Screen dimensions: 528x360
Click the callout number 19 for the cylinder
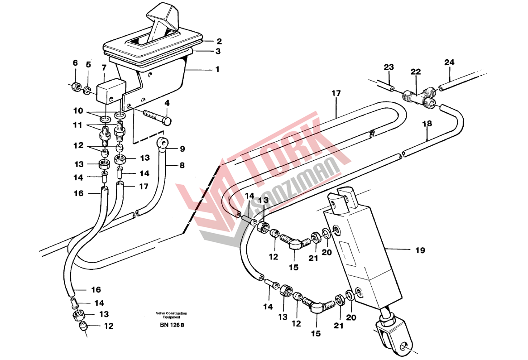[x=420, y=250]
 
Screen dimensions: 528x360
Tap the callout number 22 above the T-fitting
[x=416, y=72]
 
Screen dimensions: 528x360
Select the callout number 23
[x=389, y=67]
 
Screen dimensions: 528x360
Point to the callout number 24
[x=449, y=62]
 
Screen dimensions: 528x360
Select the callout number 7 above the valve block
[x=104, y=68]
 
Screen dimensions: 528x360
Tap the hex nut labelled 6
[x=76, y=87]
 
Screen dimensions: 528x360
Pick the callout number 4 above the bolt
[x=167, y=103]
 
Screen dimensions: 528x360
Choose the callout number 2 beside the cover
[x=219, y=41]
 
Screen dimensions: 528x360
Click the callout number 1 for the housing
[x=217, y=69]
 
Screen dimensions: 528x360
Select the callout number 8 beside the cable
[x=182, y=165]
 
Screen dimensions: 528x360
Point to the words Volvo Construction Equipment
[x=172, y=315]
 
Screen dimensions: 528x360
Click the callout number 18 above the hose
[x=427, y=124]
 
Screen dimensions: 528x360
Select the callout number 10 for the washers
[x=78, y=111]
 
